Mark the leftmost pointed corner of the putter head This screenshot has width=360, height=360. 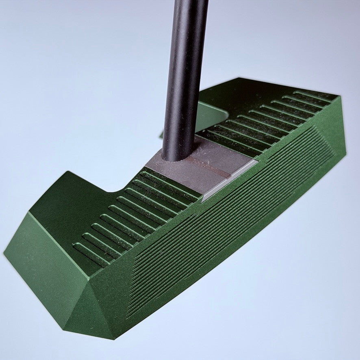tap(5, 254)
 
